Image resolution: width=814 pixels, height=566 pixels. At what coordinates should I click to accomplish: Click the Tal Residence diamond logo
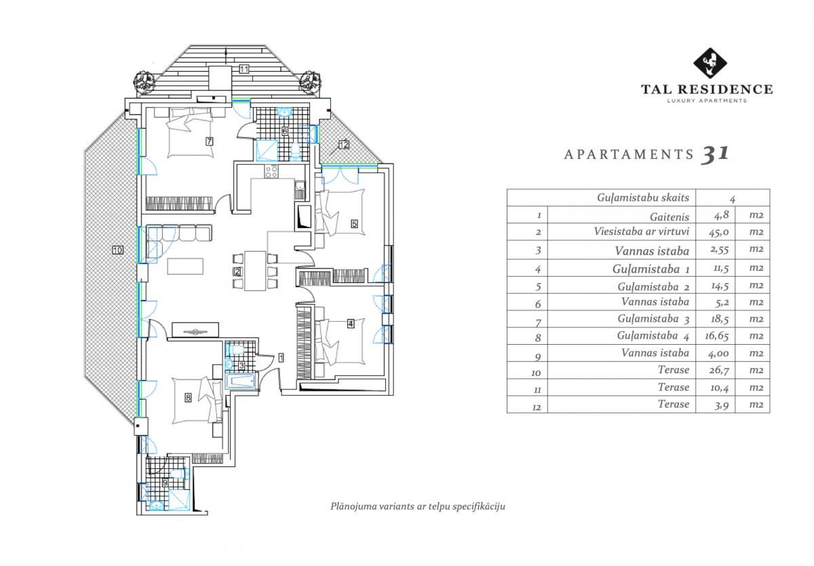[x=710, y=63]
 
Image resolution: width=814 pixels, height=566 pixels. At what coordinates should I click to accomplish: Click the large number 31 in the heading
[x=715, y=155]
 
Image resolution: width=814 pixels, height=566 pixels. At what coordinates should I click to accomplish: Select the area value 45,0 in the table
[x=718, y=232]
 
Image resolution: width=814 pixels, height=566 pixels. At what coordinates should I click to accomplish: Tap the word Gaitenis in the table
[x=670, y=217]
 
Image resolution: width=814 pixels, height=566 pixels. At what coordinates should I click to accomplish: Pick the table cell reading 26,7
[x=719, y=370]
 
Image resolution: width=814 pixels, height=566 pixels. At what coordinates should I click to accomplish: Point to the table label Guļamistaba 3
[x=653, y=319]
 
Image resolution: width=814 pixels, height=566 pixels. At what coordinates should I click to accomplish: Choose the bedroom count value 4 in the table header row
[x=732, y=200]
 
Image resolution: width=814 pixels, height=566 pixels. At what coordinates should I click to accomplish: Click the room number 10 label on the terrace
[x=118, y=250]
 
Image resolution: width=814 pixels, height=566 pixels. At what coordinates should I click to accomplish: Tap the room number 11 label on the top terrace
[x=244, y=69]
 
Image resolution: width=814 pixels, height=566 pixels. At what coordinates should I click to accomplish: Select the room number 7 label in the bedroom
[x=210, y=141]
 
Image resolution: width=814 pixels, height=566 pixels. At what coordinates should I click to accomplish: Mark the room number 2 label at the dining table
[x=237, y=271]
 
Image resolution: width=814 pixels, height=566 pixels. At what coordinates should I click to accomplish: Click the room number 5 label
[x=354, y=224]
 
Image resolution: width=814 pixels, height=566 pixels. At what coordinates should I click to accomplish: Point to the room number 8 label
[x=188, y=397]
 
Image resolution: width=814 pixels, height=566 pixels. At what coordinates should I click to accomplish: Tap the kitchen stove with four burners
[x=271, y=171]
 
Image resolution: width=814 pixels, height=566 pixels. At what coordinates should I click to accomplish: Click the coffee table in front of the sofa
[x=185, y=266]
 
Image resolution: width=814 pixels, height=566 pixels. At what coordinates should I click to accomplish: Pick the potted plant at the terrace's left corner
[x=144, y=83]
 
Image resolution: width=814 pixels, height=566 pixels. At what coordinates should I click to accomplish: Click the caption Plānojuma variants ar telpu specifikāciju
[x=418, y=506]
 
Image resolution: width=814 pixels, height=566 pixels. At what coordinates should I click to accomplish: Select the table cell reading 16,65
[x=716, y=336]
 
